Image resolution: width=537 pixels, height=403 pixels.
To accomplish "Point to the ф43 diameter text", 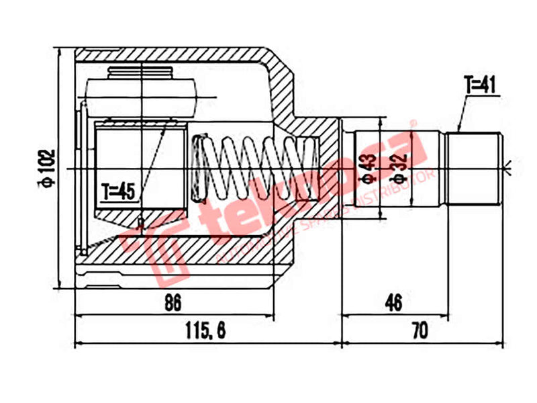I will point(367,169).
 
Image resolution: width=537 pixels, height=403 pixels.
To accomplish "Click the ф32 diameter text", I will point(398,169).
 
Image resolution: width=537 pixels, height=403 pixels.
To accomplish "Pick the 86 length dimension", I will point(173,303).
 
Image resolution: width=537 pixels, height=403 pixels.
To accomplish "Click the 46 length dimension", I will point(394,303).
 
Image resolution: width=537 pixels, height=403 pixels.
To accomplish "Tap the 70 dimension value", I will point(420,330).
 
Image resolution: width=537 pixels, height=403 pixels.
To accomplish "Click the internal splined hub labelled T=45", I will point(141,168).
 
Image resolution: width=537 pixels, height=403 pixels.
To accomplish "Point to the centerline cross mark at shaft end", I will point(511,167).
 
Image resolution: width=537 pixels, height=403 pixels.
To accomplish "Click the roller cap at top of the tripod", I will point(141,74).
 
